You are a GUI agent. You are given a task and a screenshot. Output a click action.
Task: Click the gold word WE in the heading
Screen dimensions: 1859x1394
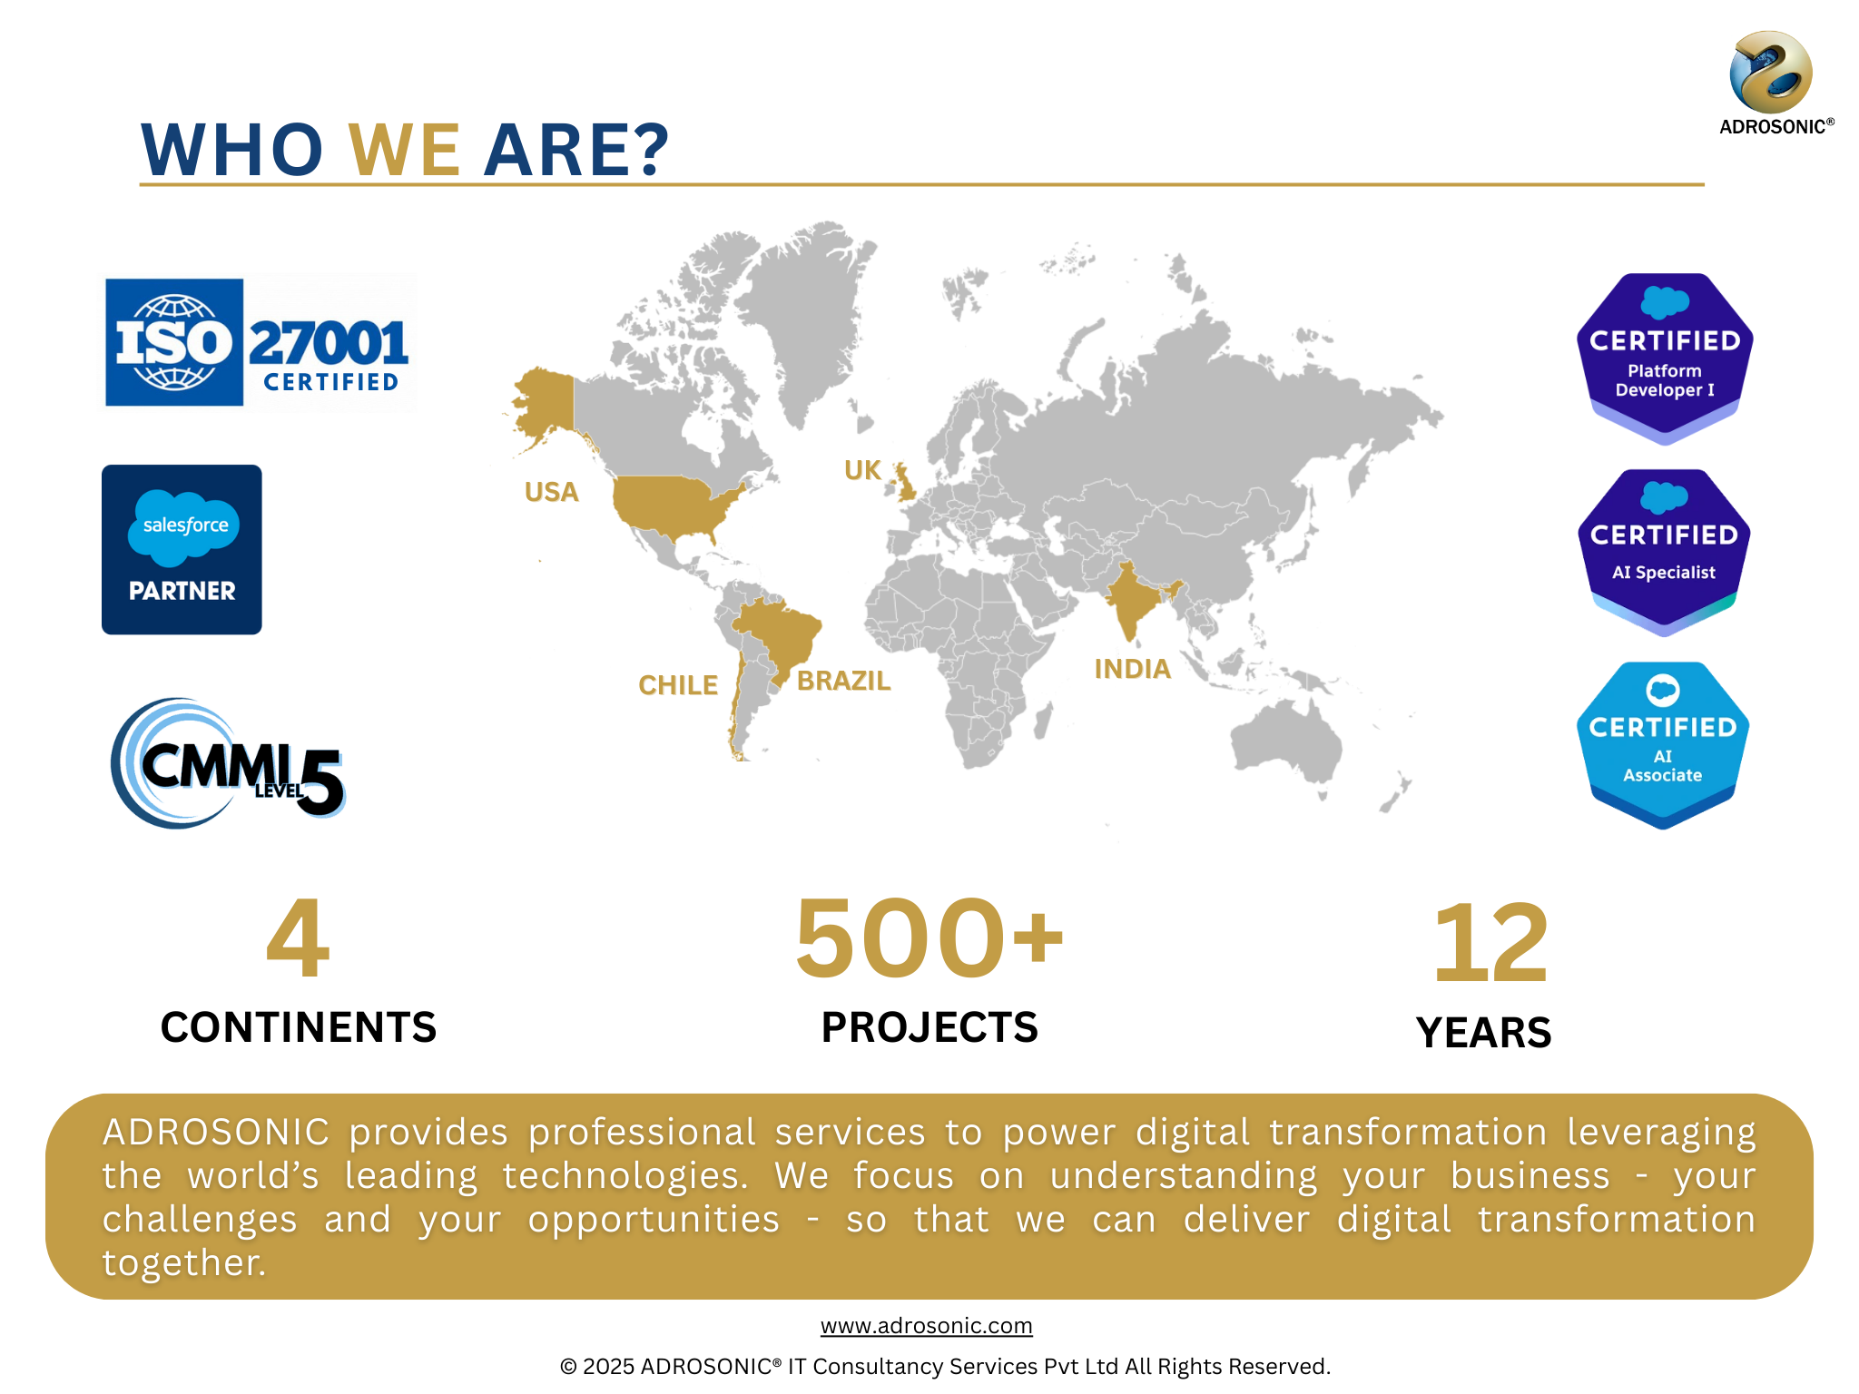click(x=405, y=150)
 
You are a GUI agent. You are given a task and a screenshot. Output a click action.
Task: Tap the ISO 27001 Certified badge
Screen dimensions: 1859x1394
click(x=258, y=342)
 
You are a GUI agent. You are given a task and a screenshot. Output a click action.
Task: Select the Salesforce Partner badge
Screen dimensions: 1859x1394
click(x=182, y=549)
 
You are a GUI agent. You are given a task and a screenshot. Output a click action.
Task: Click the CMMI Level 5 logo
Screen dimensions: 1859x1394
click(x=228, y=763)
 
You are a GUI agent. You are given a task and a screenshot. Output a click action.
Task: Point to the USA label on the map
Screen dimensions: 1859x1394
click(x=552, y=492)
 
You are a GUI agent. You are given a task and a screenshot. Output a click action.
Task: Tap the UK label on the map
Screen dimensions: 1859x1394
click(x=862, y=470)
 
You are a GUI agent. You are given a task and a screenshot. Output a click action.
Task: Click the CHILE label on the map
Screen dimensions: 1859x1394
click(x=678, y=685)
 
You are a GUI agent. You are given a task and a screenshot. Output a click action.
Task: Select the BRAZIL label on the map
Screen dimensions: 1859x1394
click(x=844, y=681)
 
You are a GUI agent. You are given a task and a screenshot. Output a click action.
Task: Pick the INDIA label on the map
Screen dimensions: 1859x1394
click(x=1133, y=669)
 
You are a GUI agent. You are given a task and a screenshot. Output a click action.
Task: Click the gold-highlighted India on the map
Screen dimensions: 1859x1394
click(x=1130, y=599)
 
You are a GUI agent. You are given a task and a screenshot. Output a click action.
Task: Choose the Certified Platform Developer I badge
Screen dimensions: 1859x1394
click(x=1665, y=358)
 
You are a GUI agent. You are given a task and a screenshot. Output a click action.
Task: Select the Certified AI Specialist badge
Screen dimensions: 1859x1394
click(x=1665, y=553)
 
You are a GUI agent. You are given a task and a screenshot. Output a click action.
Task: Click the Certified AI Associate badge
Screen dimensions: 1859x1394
click(x=1663, y=745)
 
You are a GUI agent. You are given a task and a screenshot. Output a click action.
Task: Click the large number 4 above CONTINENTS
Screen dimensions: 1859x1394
click(x=298, y=938)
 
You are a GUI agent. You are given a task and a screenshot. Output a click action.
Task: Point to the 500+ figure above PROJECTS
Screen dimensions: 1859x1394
click(x=929, y=938)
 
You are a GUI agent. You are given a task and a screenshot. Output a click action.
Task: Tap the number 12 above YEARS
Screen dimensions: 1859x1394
click(x=1490, y=944)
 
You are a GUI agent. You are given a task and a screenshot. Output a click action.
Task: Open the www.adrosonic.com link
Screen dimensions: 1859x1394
click(x=927, y=1326)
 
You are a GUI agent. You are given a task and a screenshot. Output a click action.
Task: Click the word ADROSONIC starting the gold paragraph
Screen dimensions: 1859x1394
click(x=216, y=1133)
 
